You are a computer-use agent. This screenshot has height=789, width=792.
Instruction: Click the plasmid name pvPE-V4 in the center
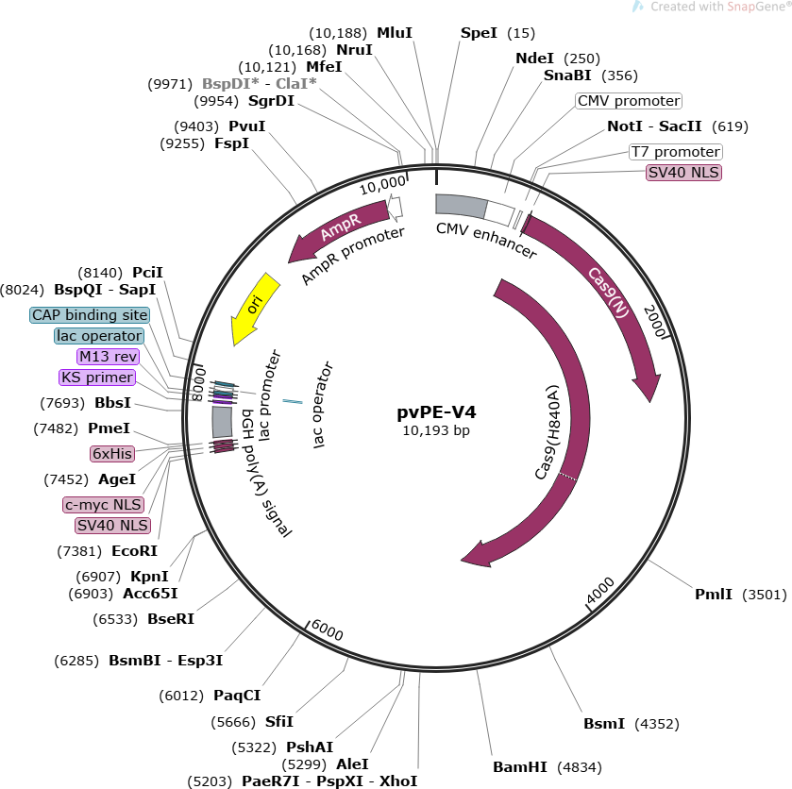pyautogui.click(x=435, y=412)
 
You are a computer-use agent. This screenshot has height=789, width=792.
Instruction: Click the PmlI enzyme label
pyautogui.click(x=714, y=595)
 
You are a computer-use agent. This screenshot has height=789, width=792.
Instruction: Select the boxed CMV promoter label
pyautogui.click(x=628, y=101)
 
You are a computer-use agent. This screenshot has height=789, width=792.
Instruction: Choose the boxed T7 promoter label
pyautogui.click(x=675, y=152)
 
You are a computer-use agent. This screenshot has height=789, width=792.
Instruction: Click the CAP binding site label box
pyautogui.click(x=90, y=315)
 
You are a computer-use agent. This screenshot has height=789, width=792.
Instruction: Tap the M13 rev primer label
pyautogui.click(x=108, y=357)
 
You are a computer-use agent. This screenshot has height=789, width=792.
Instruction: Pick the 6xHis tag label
pyautogui.click(x=111, y=454)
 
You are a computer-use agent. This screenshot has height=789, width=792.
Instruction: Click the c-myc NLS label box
pyautogui.click(x=102, y=505)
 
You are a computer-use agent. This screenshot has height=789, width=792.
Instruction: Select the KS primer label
pyautogui.click(x=96, y=378)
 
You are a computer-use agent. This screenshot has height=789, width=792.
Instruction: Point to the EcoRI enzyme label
pyautogui.click(x=134, y=551)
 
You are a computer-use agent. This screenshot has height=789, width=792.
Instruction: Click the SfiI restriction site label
pyautogui.click(x=278, y=722)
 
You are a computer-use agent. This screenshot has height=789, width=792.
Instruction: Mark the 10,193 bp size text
pyautogui.click(x=435, y=431)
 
